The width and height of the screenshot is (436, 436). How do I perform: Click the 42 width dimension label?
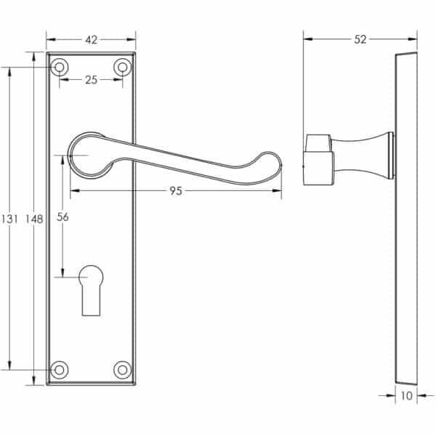[x=91, y=40]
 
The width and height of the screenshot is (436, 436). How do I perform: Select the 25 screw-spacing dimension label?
[x=92, y=80]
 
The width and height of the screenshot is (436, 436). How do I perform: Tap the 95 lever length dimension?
[x=176, y=191]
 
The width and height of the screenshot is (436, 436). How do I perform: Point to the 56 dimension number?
[x=62, y=217]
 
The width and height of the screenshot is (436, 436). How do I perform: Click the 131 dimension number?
[x=9, y=219]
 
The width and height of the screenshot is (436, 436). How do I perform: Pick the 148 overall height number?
[x=34, y=219]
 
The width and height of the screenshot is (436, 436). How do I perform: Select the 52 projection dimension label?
[x=360, y=40]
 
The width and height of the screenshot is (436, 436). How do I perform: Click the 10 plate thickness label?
[x=406, y=396]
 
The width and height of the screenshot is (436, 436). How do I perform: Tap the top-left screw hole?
[x=60, y=68]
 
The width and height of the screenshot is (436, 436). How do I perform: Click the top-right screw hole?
[x=122, y=68]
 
